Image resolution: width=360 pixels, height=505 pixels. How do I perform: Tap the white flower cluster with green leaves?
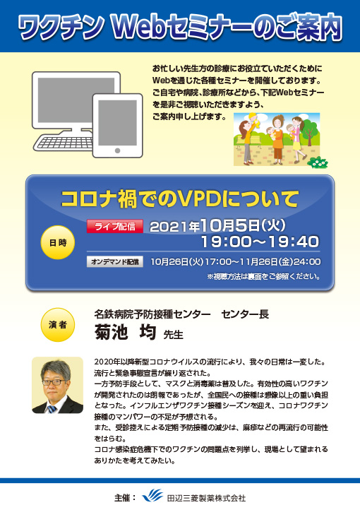click(x=319, y=162)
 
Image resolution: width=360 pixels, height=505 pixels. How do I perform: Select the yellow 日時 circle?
click(x=56, y=242)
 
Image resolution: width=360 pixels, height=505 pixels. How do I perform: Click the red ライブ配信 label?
click(x=115, y=227)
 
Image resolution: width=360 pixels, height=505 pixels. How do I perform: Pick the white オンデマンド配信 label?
click(x=115, y=261)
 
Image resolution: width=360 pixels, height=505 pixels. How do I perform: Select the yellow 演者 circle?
click(x=57, y=323)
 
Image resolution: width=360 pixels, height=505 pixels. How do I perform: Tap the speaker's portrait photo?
click(x=57, y=385)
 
